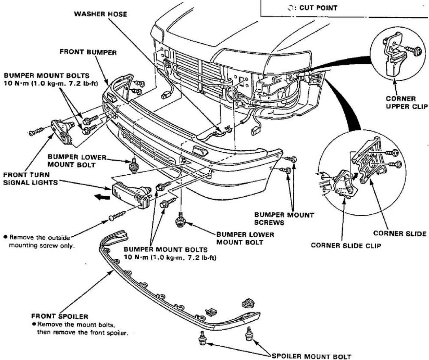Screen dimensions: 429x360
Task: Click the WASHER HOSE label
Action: [x=100, y=14]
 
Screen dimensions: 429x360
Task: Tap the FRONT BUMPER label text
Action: [x=88, y=52]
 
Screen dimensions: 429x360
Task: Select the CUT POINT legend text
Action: [x=318, y=8]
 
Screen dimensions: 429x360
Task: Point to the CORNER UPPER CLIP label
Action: [x=407, y=102]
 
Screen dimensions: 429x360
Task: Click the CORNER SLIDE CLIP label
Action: [x=346, y=245]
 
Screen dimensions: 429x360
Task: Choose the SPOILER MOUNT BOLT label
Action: [x=311, y=356]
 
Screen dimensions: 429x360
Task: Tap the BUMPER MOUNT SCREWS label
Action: [x=284, y=219]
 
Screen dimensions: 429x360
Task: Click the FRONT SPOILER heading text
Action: [x=59, y=316]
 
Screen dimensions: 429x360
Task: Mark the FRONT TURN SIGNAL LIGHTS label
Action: [x=30, y=179]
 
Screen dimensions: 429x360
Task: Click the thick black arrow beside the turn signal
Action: [x=102, y=198]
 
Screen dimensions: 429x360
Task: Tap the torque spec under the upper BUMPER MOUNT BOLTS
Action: [x=51, y=84]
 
